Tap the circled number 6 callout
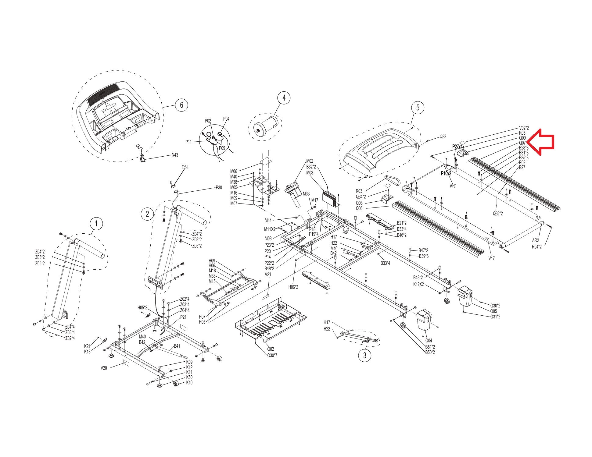tap(181, 105)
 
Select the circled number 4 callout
tap(284, 98)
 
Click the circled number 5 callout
tap(418, 107)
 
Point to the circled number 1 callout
tap(96, 224)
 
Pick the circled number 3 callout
tap(365, 356)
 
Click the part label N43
tap(174, 155)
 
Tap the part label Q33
tap(443, 137)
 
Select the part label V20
tap(104, 368)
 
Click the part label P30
tap(219, 188)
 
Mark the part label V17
tap(491, 258)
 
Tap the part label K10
tap(189, 383)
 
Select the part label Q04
tap(429, 341)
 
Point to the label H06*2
tap(293, 287)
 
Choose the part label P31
tap(185, 167)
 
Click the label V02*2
tap(524, 128)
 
